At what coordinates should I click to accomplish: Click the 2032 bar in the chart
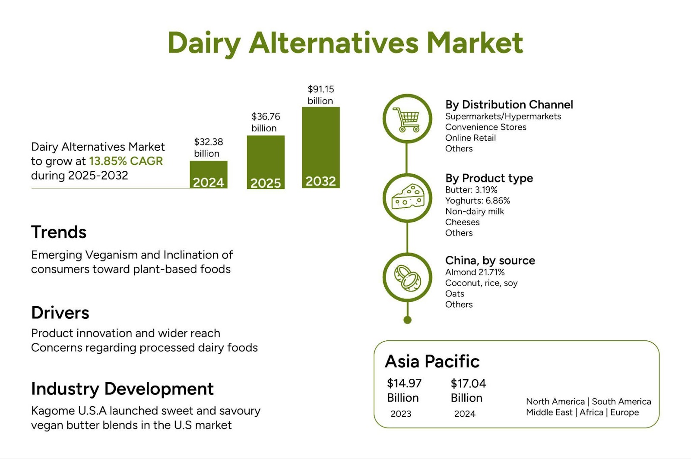[321, 148]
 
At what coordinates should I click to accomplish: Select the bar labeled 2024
[209, 175]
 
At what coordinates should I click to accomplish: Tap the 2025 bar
[266, 162]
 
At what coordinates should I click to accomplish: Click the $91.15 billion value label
[321, 95]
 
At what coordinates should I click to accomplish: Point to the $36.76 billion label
[266, 122]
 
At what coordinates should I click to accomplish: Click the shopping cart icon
[406, 119]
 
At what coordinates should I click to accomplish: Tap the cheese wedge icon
[408, 197]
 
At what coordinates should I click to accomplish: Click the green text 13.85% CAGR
[126, 161]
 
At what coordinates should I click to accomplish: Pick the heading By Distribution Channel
[509, 105]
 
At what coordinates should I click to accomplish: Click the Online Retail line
[470, 138]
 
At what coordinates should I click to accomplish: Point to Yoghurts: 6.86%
[478, 201]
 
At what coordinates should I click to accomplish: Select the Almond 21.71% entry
[475, 272]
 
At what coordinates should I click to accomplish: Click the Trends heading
[59, 232]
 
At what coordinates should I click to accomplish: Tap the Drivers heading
[60, 313]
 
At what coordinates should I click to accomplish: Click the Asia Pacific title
[432, 362]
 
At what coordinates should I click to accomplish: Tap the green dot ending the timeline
[408, 320]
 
